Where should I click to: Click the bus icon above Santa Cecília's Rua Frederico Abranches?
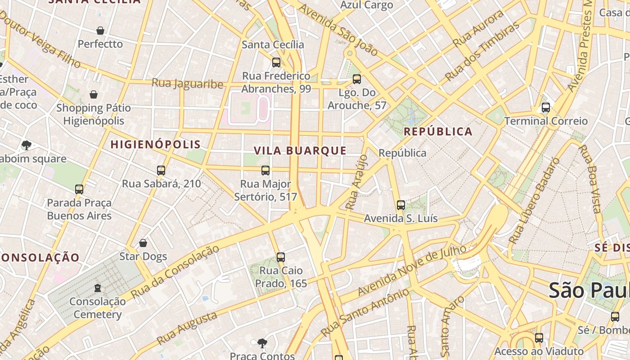pos(276,63)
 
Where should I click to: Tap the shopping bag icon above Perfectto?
pos(100,31)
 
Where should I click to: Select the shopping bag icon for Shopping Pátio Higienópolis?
pos(94,94)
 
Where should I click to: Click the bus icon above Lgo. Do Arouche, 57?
pos(357,79)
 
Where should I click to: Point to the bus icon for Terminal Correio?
pos(546,108)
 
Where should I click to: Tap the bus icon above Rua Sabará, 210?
pos(161,171)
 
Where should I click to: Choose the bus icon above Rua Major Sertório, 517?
pos(265,171)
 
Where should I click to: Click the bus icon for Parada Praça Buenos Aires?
pos(79,189)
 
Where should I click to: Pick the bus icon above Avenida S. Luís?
pos(401,205)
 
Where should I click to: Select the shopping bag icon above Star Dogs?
pos(143,243)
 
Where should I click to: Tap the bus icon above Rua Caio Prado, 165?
pos(281,257)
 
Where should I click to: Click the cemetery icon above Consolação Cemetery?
pos(98,288)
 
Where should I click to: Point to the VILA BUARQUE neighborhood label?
pos(300,151)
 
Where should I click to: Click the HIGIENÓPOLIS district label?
pos(155,144)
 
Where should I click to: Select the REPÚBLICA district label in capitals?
pos(438,131)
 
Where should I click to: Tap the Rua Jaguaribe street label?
pos(187,84)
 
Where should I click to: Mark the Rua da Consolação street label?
pos(175,272)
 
